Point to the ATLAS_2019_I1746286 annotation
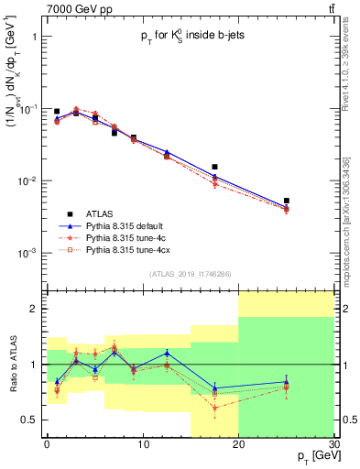[190, 275]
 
